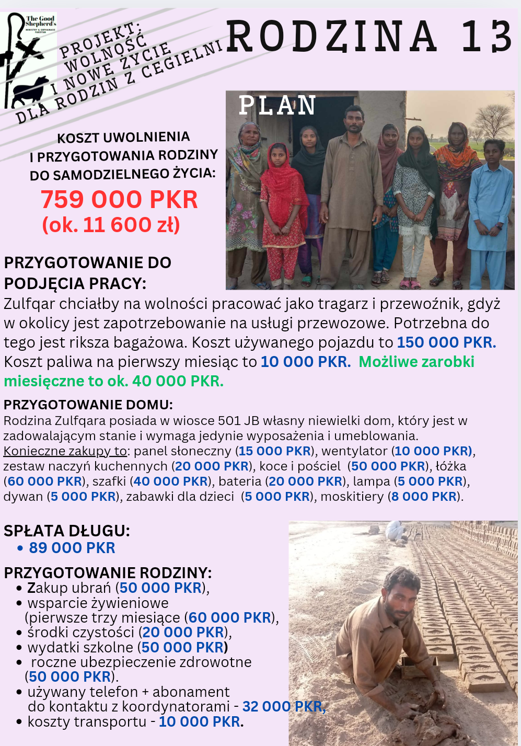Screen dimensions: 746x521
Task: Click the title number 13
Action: tap(487, 37)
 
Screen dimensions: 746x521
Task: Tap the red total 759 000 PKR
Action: tap(119, 200)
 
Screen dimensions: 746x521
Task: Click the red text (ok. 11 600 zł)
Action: tap(111, 225)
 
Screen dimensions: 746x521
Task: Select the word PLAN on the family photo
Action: tap(277, 106)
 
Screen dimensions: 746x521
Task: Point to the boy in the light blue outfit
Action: tap(490, 209)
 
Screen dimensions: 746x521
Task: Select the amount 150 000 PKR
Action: tap(446, 342)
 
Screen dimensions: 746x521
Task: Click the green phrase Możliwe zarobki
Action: tap(416, 362)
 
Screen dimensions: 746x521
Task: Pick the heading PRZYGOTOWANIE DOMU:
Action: tap(88, 405)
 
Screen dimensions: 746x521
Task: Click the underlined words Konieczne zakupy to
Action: tap(65, 451)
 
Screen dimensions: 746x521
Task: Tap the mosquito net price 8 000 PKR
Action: tap(424, 496)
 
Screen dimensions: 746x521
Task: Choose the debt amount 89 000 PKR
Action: tap(72, 548)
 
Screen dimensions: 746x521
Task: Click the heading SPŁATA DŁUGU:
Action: tap(67, 531)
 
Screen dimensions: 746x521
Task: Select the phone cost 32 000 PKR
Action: tap(284, 706)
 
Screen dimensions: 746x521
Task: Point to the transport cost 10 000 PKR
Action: tap(200, 721)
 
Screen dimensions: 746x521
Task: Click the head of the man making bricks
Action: tap(401, 588)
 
